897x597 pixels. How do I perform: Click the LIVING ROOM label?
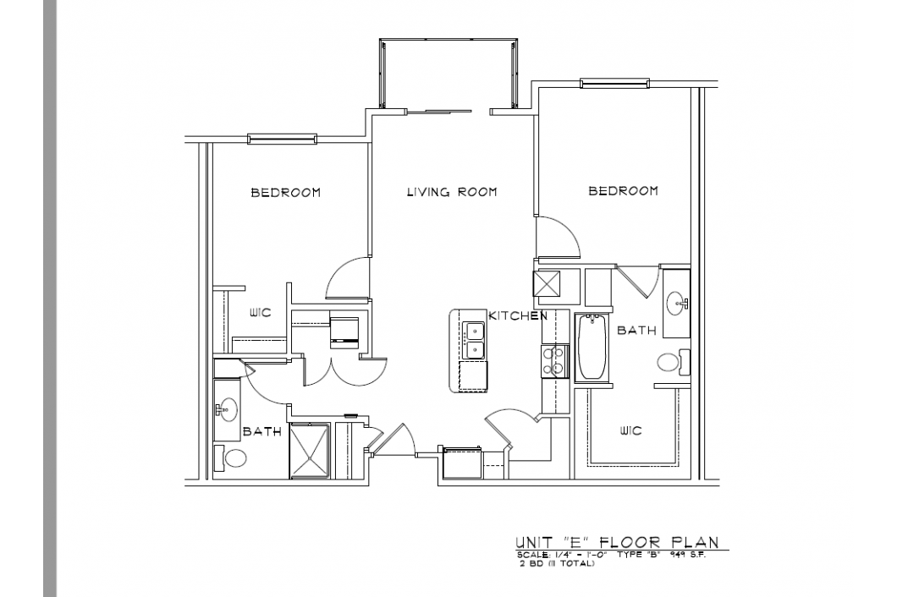pos(451,192)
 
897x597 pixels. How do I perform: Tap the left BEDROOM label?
pos(285,193)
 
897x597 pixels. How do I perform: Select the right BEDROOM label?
pos(623,191)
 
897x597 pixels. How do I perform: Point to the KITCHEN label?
pos(517,316)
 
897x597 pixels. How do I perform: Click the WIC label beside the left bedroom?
pos(259,314)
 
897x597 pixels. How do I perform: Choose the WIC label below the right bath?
pos(630,431)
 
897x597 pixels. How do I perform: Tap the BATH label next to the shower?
pos(262,431)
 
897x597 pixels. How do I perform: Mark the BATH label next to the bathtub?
pos(636,331)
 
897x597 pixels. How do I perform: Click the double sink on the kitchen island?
pos(474,341)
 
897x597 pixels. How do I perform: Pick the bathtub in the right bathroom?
pos(591,348)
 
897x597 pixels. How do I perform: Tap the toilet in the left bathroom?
pos(231,459)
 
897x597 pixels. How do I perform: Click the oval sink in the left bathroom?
pos(227,410)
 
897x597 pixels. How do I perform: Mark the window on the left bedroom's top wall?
pos(282,139)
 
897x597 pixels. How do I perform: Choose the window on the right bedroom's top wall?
pos(615,83)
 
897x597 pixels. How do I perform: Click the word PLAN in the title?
pos(694,542)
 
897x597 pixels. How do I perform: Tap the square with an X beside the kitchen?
pos(548,282)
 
